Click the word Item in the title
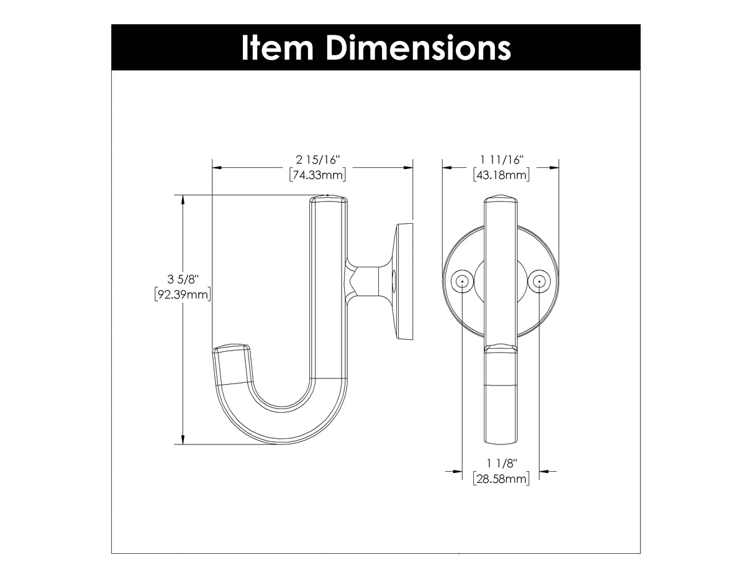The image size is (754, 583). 278,47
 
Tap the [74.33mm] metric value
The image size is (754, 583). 317,175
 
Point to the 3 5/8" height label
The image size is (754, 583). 183,279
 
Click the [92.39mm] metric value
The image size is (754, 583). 183,293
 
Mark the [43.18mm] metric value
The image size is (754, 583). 501,175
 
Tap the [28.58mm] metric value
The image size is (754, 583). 501,478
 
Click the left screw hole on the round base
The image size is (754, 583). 462,282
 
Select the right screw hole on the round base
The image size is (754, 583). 538,282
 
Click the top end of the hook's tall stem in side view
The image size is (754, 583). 329,200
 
